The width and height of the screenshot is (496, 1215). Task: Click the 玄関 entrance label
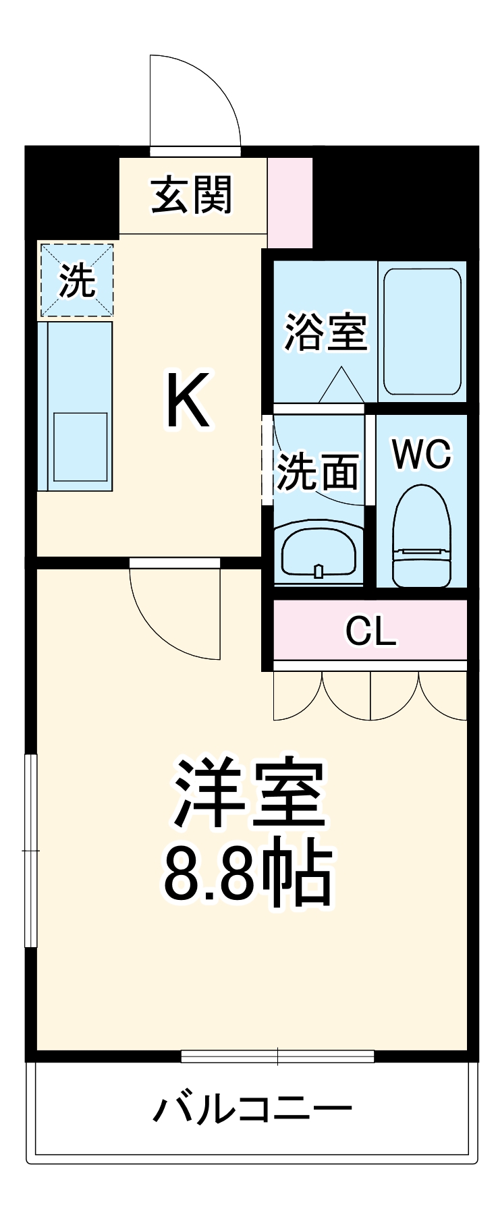pos(192,196)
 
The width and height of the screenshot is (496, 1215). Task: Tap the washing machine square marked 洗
pos(76,280)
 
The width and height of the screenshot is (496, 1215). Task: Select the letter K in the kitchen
pos(188,401)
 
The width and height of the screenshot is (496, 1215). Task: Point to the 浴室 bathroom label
pos(325,332)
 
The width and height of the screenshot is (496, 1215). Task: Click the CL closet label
pos(370,631)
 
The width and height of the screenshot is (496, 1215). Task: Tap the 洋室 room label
pos(249,793)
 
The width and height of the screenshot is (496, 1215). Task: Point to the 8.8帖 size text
pos(249,874)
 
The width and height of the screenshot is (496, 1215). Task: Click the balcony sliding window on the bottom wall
pos(277,1056)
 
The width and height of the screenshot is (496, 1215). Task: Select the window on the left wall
pos(30,851)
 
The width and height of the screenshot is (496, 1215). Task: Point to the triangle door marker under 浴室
pos(341,386)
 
